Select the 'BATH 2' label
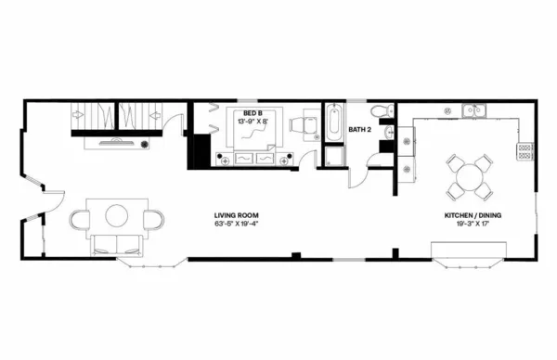(359, 130)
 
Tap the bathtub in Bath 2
(332, 122)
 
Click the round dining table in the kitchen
(469, 174)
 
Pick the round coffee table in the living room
(117, 216)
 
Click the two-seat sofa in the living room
(116, 245)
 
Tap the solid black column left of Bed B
(198, 148)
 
